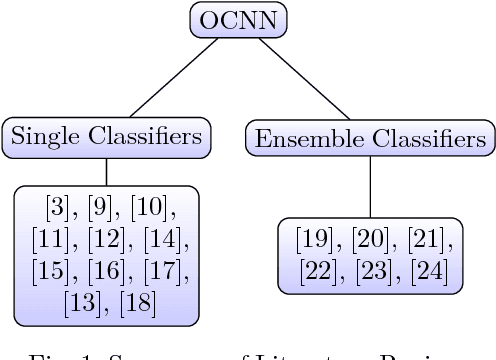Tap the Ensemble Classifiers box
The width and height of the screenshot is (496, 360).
point(371,138)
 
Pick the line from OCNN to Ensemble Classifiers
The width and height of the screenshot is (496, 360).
point(309,80)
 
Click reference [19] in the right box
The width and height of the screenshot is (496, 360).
point(315,239)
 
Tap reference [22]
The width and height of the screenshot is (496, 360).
point(315,270)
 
